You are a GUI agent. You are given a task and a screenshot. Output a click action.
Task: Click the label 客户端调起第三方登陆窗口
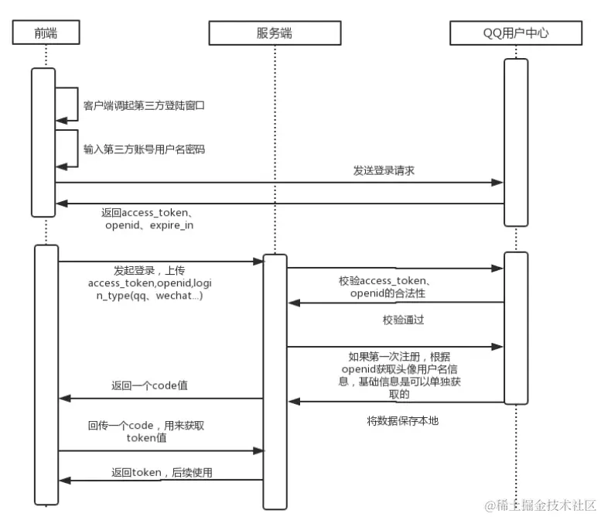point(144,104)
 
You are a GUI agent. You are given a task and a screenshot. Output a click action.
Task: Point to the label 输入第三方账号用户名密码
point(144,149)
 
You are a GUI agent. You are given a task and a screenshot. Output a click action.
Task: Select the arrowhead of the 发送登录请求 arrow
point(499,183)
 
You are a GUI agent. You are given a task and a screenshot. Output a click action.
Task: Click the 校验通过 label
point(403,320)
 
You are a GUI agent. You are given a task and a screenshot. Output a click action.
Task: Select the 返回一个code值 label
point(149,385)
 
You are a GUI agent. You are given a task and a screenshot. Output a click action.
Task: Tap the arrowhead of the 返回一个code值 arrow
point(65,398)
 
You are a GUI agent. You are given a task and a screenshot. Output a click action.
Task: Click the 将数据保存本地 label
point(402,421)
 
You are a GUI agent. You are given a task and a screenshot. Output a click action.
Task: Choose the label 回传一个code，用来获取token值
point(146,432)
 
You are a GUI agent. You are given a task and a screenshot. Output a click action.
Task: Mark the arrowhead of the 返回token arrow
point(65,481)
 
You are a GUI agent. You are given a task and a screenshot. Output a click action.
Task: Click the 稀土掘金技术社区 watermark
point(541,505)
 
